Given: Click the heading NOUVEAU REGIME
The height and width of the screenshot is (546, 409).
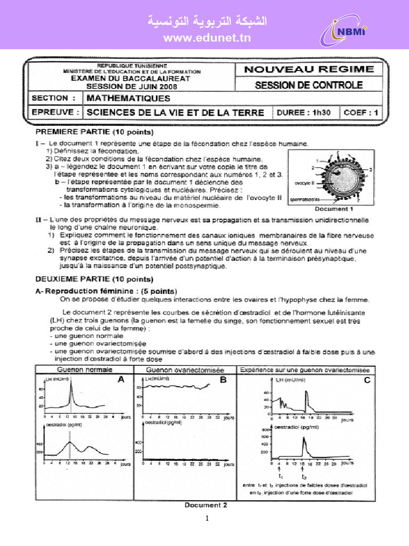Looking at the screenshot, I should pos(309,69).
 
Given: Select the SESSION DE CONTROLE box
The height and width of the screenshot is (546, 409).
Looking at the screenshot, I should pos(309,85).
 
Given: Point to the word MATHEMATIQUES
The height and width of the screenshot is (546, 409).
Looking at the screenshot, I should pos(128,98).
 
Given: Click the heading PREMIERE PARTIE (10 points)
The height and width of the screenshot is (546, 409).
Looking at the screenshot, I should pos(94,131).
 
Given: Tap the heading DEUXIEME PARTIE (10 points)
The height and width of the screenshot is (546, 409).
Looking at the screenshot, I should pos(94,279).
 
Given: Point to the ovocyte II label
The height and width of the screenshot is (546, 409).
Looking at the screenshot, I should pos(305,183).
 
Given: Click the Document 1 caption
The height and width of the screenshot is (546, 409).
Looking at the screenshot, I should pos(333,209).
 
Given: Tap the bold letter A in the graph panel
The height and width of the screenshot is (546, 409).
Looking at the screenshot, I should pos(120,380).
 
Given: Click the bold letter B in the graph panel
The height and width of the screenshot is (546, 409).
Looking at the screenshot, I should pos(223,380).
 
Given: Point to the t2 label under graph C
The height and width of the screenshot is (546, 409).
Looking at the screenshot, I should pos(304,477).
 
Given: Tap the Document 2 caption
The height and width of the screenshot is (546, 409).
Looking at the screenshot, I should pos(206,505).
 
